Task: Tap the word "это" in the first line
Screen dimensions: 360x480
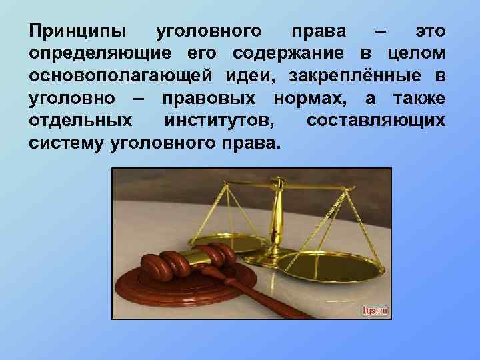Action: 431,31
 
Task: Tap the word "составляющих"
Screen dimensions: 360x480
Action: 376,121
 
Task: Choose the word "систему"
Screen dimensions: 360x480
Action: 65,143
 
